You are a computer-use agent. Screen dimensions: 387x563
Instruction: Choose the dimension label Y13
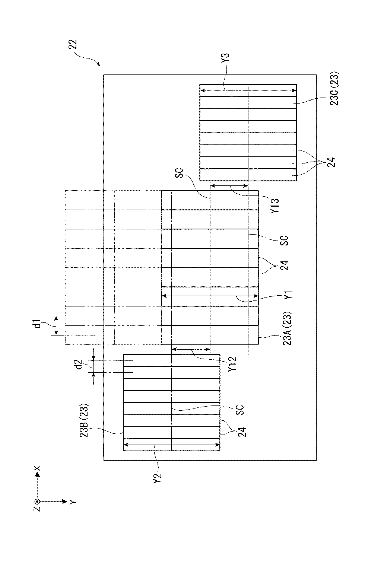tap(275, 206)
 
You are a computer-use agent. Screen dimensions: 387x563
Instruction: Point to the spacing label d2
tap(79, 365)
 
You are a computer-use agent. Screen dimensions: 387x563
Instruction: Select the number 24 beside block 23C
tap(331, 162)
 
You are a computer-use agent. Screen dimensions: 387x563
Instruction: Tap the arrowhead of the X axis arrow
tap(38, 473)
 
